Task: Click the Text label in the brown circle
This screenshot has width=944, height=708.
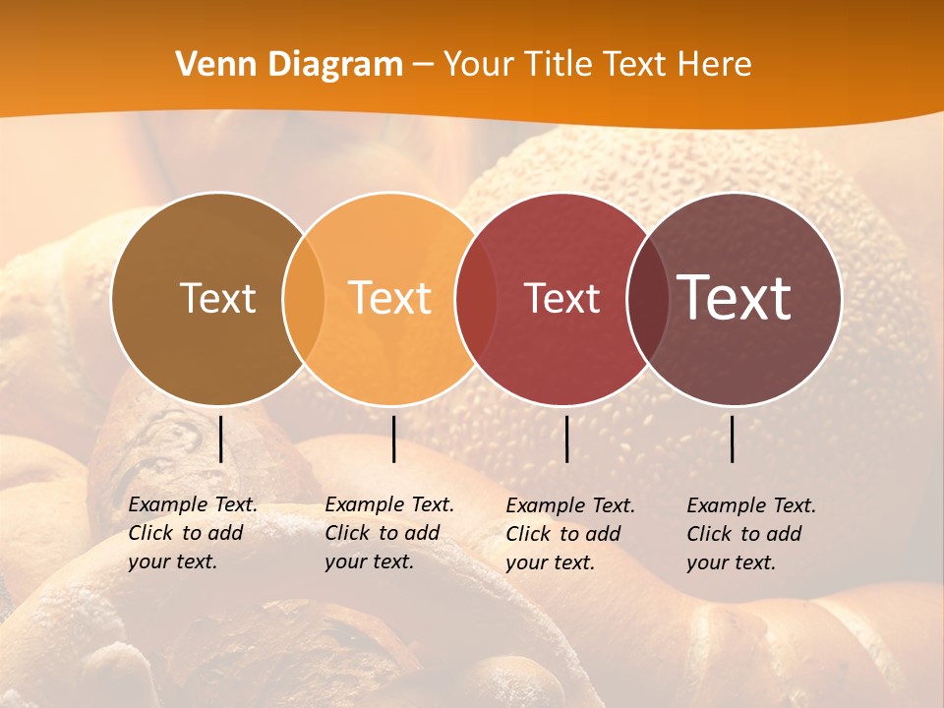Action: tap(217, 298)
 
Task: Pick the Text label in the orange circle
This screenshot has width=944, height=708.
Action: tap(390, 298)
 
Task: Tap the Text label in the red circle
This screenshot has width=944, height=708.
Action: tap(561, 298)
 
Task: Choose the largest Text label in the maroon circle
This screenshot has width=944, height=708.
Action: tap(734, 297)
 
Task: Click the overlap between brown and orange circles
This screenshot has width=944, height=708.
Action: tap(304, 299)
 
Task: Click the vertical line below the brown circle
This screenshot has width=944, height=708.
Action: tap(220, 439)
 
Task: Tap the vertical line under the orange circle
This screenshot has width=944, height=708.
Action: tap(393, 439)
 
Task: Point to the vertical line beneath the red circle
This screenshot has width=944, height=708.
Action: tap(566, 439)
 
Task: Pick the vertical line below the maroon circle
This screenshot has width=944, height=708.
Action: tap(733, 439)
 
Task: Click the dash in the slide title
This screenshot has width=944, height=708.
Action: tap(423, 65)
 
